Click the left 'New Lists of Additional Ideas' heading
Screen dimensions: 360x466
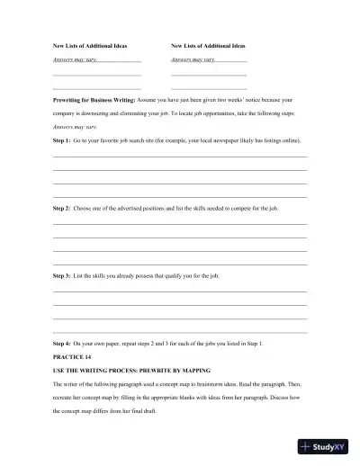[90, 44]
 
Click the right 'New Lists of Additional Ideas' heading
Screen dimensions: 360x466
[208, 44]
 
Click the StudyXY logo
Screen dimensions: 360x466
[326, 445]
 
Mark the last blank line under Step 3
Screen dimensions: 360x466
[180, 331]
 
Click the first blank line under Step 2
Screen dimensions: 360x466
[180, 224]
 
